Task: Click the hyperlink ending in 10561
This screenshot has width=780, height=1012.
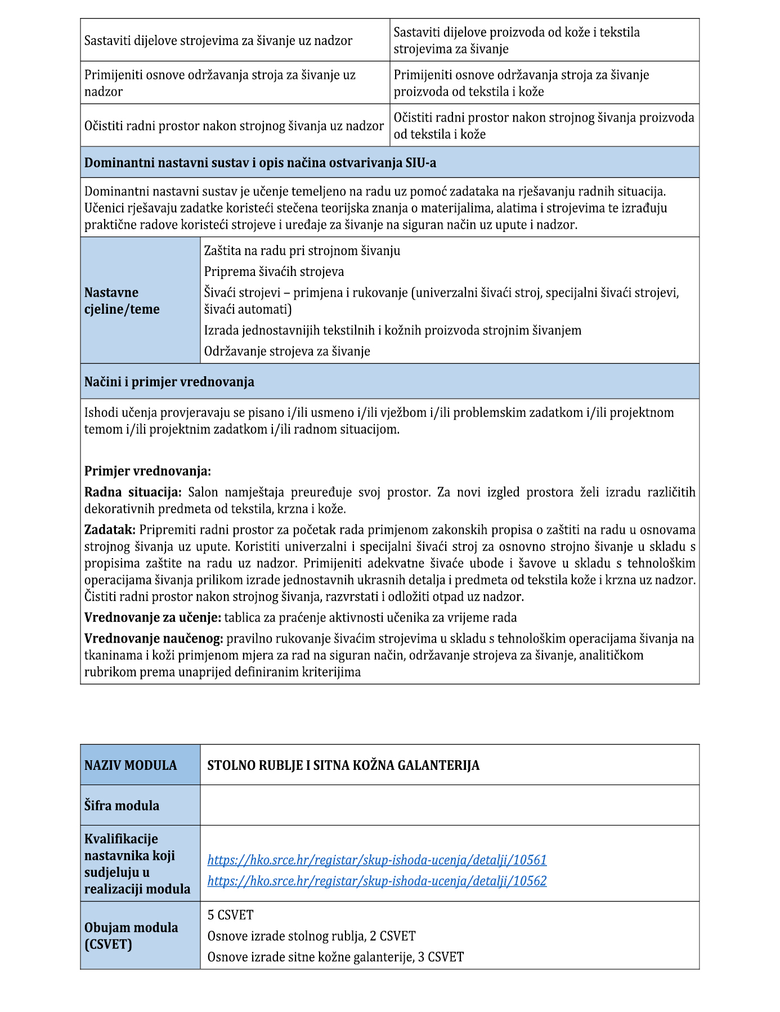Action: [376, 860]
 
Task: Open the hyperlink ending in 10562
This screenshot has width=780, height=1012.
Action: [376, 881]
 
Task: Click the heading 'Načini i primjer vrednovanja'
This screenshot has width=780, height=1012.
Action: [169, 382]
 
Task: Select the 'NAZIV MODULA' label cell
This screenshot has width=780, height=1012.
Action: [131, 765]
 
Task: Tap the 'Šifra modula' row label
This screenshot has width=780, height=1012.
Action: [122, 806]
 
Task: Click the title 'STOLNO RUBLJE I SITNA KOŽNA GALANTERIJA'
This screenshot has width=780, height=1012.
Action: [343, 765]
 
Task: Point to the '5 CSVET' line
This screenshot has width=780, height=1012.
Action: [230, 915]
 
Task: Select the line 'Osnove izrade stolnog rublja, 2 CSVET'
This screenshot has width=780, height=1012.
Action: [311, 936]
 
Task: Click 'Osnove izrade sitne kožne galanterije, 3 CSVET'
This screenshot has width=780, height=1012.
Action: [335, 957]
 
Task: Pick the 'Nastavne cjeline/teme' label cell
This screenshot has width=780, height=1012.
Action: [122, 301]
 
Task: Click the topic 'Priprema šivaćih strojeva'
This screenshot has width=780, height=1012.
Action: [274, 271]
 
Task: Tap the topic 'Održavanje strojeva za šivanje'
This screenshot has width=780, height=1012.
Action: [287, 351]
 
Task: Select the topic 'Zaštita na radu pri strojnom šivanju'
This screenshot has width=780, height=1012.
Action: [302, 251]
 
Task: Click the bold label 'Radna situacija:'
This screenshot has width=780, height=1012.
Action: [133, 492]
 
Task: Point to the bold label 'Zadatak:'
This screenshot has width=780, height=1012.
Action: [110, 530]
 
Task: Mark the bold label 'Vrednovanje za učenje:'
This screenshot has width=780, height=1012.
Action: [153, 618]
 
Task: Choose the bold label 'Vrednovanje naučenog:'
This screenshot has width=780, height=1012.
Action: [154, 639]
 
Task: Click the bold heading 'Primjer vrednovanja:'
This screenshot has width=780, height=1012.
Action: [147, 471]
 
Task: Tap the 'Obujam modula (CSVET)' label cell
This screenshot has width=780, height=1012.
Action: [131, 935]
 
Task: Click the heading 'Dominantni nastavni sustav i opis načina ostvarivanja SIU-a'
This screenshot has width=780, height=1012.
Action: [260, 163]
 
